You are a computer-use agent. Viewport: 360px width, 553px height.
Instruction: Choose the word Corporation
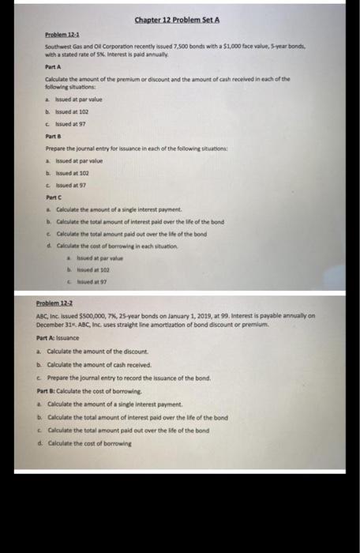point(115,49)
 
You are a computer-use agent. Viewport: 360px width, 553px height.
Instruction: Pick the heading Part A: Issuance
point(62,338)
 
